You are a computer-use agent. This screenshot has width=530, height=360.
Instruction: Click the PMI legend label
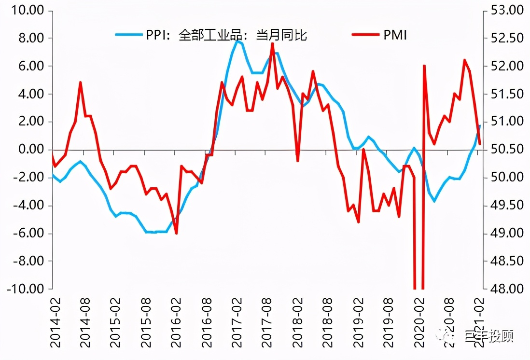[x=395, y=35]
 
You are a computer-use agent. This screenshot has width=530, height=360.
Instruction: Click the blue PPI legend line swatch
[x=128, y=35]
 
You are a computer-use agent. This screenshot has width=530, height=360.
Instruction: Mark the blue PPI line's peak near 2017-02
[x=237, y=41]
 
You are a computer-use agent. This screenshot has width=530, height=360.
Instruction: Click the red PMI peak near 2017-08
[x=273, y=43]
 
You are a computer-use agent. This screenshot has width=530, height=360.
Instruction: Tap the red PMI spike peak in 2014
[x=80, y=83]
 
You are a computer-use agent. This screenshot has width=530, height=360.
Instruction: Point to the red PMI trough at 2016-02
[x=177, y=234]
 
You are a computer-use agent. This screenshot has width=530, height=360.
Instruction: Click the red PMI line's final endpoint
[x=479, y=144]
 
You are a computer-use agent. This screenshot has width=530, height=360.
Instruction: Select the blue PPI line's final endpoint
[x=480, y=125]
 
